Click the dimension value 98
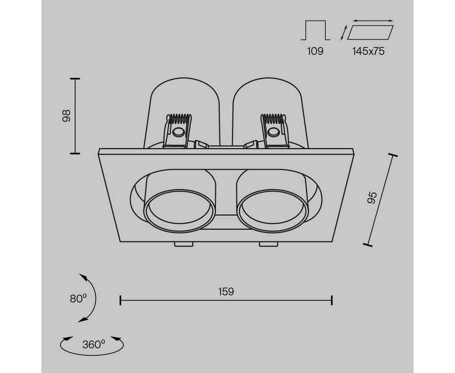coord(67,116)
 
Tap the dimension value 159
coord(226,291)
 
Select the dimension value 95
coord(372,198)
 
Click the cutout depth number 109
coord(315,51)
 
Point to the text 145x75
coord(368,51)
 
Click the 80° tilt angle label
coord(78,298)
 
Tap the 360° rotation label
coord(94,345)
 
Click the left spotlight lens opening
coord(180,211)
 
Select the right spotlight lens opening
coord(272,211)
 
